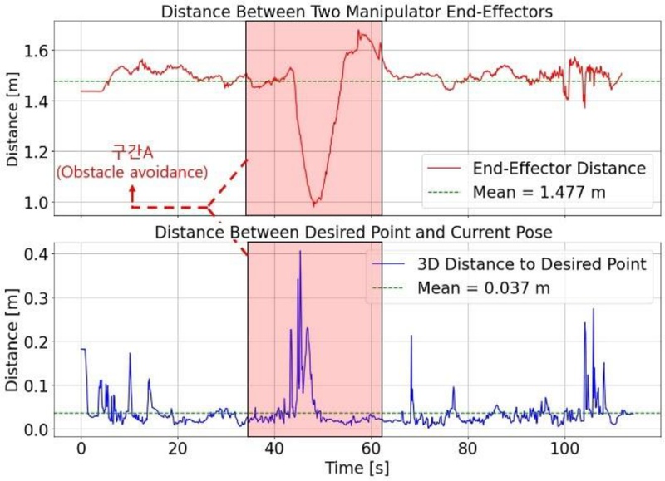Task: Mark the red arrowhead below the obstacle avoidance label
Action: coord(132,190)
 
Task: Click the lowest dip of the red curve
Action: coord(313,205)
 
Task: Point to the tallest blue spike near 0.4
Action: coord(300,251)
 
